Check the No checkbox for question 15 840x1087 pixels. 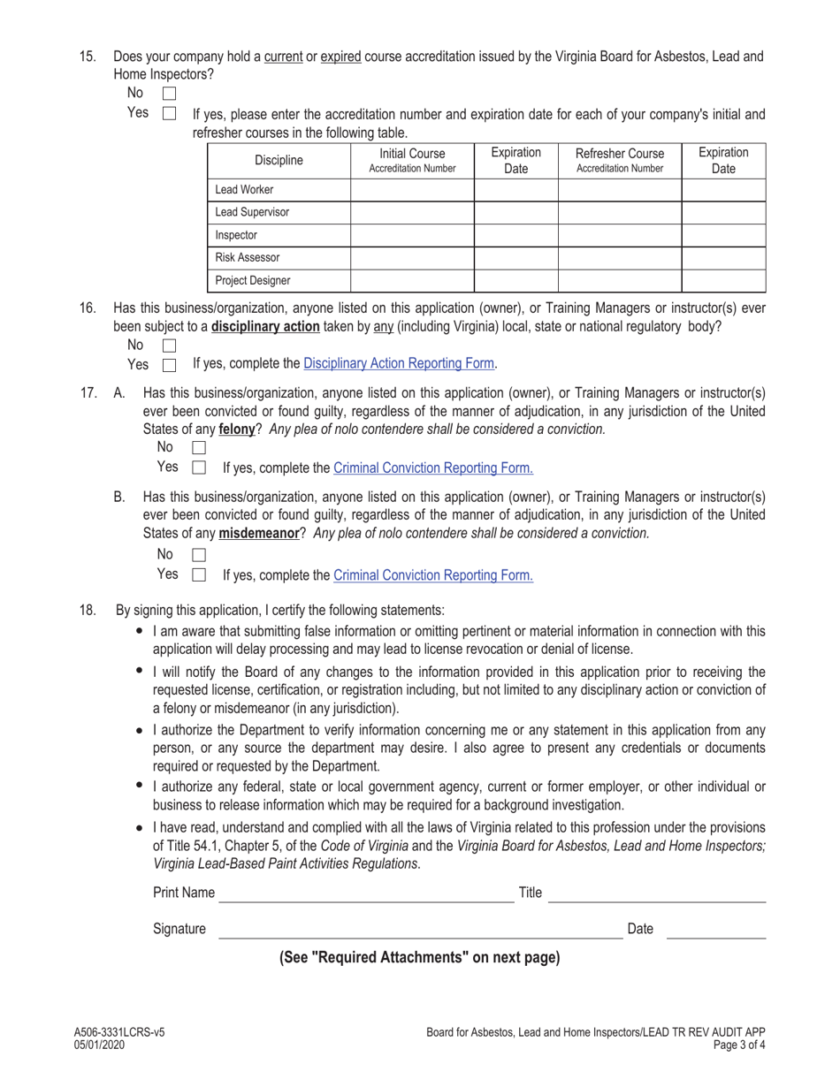(x=170, y=93)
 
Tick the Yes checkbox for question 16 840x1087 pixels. (x=170, y=365)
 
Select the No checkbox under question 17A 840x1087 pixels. (x=199, y=448)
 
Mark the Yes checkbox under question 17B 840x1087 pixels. (x=199, y=575)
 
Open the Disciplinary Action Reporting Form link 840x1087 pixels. (x=400, y=363)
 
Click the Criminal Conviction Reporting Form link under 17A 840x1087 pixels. (x=432, y=468)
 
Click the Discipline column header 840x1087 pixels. (x=279, y=160)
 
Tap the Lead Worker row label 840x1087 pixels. (x=245, y=190)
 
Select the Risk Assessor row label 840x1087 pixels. (x=248, y=258)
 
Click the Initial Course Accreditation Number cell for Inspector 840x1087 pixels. (x=412, y=236)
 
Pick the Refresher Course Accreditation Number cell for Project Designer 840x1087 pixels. (x=619, y=281)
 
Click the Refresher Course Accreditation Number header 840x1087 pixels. (x=619, y=160)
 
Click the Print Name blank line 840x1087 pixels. (x=365, y=893)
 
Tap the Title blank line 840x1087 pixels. (x=657, y=893)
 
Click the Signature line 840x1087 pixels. (x=420, y=930)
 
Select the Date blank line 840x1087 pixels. (x=715, y=930)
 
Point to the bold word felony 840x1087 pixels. (x=237, y=429)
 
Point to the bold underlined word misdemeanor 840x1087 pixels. (x=258, y=534)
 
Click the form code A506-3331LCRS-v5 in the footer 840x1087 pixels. (x=119, y=1032)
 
